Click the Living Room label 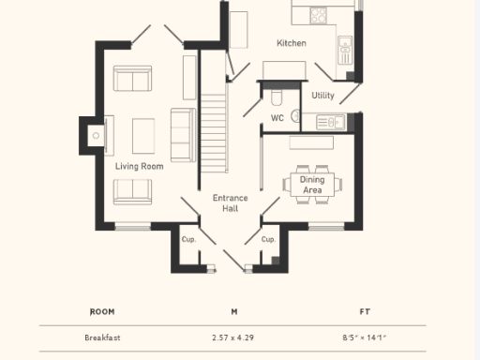(140, 166)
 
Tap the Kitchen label (291, 43)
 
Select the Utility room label (323, 96)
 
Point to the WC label (277, 118)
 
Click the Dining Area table (312, 184)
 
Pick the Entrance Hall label (230, 202)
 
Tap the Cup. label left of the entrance (187, 239)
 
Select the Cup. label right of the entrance (268, 239)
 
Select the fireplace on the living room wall (96, 136)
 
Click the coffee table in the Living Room (143, 136)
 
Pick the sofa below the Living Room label (133, 191)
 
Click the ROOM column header (101, 311)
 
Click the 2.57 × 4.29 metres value (233, 337)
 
